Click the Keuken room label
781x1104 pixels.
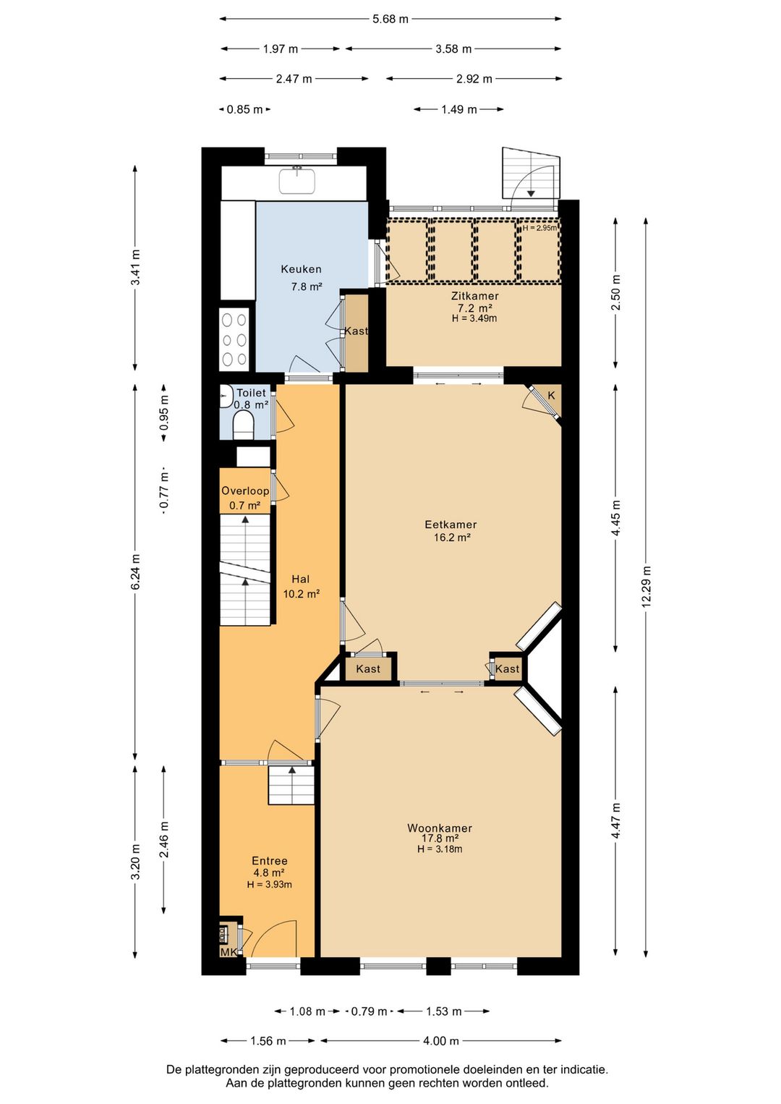pyautogui.click(x=301, y=269)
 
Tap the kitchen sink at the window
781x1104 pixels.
pyautogui.click(x=297, y=181)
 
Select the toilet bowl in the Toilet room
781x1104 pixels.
pyautogui.click(x=242, y=425)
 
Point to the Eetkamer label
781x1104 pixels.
pyautogui.click(x=451, y=525)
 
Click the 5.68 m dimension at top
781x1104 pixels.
pyautogui.click(x=390, y=20)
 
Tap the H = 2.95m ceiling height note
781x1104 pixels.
pyautogui.click(x=539, y=228)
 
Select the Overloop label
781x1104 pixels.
pyautogui.click(x=245, y=491)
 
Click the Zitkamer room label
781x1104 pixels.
pyautogui.click(x=474, y=296)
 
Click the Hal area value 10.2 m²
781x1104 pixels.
pyautogui.click(x=301, y=594)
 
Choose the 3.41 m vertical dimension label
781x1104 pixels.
pyautogui.click(x=135, y=267)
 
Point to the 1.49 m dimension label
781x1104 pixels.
pyautogui.click(x=458, y=109)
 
